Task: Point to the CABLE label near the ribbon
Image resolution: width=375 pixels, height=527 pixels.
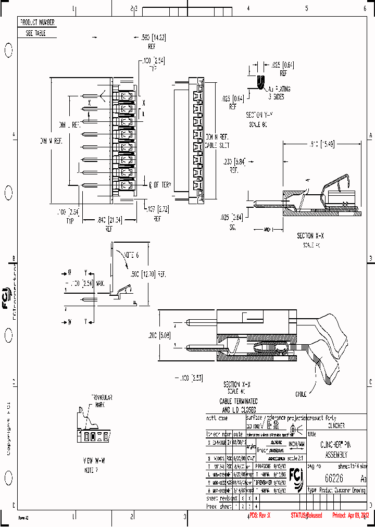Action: pyautogui.click(x=301, y=394)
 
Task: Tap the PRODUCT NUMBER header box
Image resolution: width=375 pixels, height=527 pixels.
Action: pyautogui.click(x=37, y=23)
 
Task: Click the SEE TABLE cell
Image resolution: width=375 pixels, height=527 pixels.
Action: pyautogui.click(x=36, y=33)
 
